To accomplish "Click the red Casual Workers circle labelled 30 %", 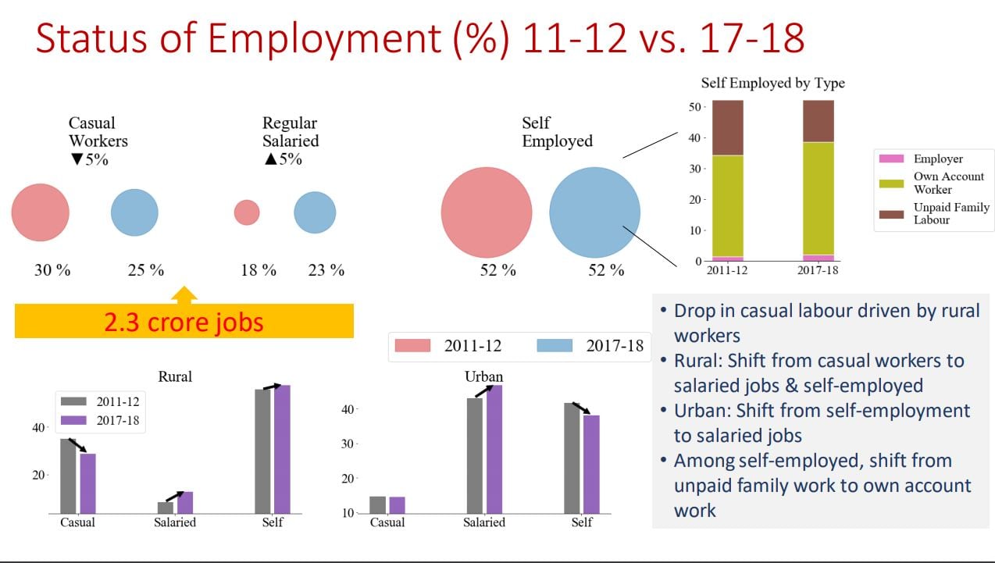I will (x=40, y=212).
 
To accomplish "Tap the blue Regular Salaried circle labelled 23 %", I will (x=315, y=212).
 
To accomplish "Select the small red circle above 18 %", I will (x=247, y=212).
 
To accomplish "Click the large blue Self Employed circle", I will (x=594, y=212).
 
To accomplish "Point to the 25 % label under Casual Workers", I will (x=146, y=270).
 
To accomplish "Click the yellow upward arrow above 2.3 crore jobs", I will (x=184, y=295).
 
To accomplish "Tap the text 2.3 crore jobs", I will (x=184, y=322).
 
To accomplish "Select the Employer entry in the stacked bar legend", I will (x=938, y=159).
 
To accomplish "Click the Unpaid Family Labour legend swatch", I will (x=891, y=212).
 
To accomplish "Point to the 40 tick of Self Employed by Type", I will (x=696, y=137).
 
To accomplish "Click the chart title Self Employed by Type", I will (x=772, y=83).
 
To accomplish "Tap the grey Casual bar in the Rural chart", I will (x=68, y=476).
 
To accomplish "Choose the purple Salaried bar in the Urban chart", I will (x=494, y=449).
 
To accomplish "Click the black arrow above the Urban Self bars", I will (x=582, y=408).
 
